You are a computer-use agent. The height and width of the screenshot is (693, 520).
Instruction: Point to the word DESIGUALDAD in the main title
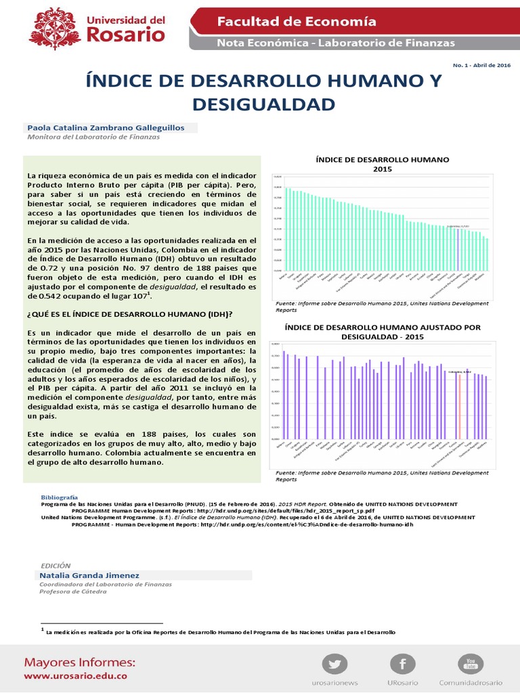coord(263,104)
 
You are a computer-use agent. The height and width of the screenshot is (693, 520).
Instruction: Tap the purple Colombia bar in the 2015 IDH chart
coord(458,246)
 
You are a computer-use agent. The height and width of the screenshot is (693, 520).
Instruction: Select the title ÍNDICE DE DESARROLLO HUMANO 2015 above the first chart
coord(383,164)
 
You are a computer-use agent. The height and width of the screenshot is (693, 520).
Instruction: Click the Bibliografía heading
coord(60,497)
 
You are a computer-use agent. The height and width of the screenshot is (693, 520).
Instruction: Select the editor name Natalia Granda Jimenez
coord(90,575)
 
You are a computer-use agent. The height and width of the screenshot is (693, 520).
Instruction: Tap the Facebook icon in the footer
coord(404,663)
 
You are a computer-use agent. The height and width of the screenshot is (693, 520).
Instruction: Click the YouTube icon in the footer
coord(471,662)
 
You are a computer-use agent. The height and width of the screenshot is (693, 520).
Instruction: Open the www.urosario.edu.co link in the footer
coord(75,675)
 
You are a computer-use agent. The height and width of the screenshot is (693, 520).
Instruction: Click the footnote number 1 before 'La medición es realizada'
coord(43,629)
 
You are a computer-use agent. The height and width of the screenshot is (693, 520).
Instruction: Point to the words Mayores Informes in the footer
coord(80,661)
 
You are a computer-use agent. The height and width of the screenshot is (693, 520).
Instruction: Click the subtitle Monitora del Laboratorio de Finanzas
coord(93,137)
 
